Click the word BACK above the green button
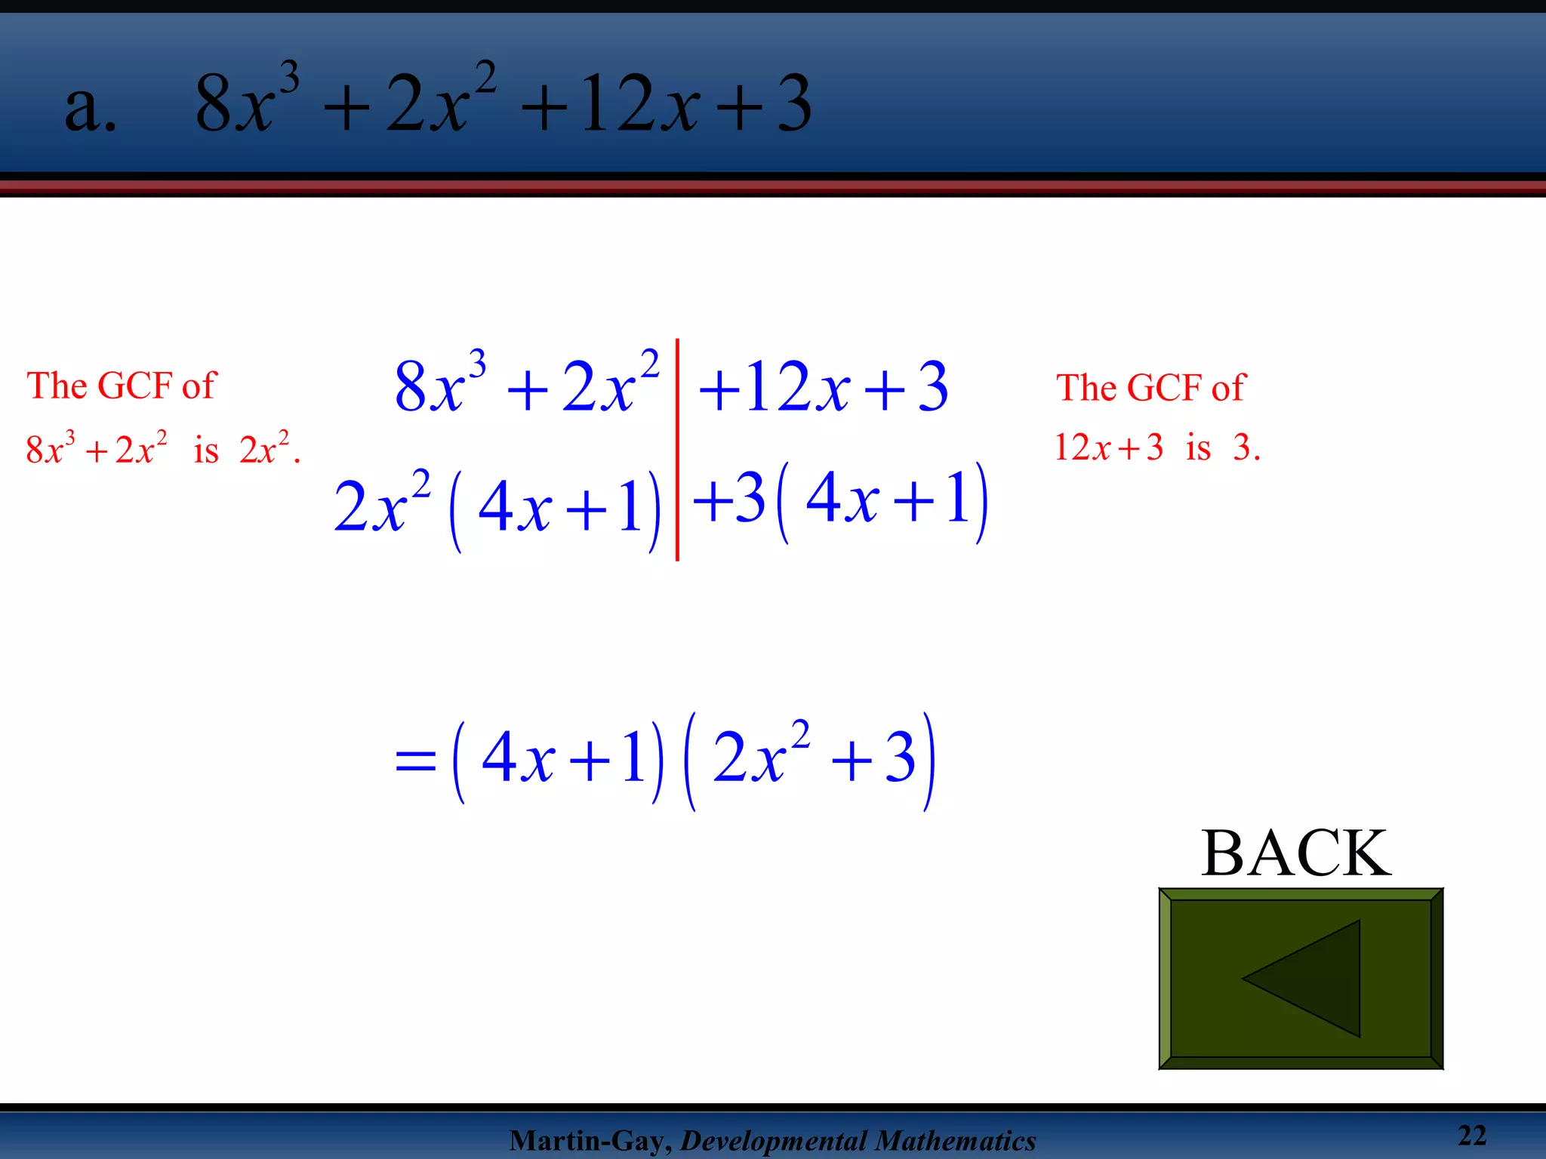click(x=1295, y=853)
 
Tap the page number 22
click(x=1471, y=1135)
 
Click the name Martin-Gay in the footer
click(x=589, y=1140)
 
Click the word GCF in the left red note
click(x=135, y=386)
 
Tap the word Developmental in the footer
click(x=771, y=1140)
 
